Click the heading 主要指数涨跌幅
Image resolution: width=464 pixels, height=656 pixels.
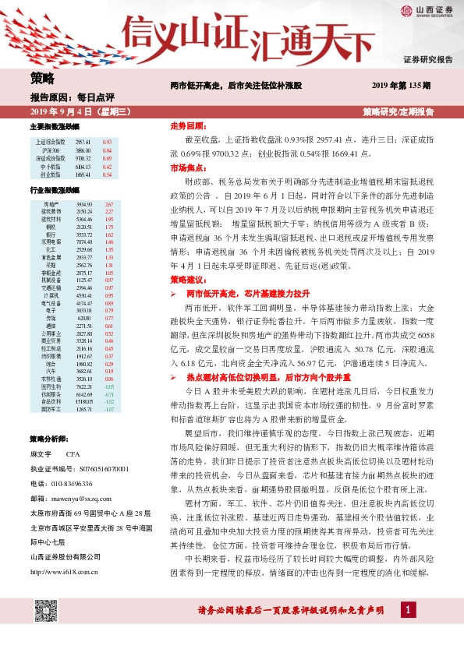55,126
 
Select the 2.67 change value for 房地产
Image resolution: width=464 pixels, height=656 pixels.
109,203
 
